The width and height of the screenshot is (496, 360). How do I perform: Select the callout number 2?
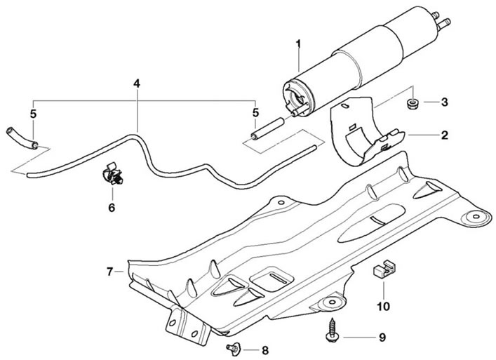[x=445, y=135]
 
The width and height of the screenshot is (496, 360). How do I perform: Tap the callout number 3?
[x=445, y=102]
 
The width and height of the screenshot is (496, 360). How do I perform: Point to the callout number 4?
[x=136, y=84]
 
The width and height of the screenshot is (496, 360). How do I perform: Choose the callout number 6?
[x=112, y=208]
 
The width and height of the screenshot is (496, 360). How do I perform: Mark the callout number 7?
[x=109, y=272]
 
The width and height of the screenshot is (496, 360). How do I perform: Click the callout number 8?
[x=264, y=350]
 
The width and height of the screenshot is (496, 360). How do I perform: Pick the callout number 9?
[x=382, y=338]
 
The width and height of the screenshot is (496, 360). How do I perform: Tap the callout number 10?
[x=383, y=306]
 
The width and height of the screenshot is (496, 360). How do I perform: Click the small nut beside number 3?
[x=412, y=103]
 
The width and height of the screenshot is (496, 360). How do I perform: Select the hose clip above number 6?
[x=113, y=173]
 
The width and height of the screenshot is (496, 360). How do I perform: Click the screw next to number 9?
[x=331, y=330]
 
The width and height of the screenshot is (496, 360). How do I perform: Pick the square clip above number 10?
[x=384, y=269]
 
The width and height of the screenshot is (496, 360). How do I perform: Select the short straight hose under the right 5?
[x=267, y=128]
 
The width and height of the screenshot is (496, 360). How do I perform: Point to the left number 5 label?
[x=33, y=114]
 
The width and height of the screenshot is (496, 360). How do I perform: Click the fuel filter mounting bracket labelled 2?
[x=367, y=131]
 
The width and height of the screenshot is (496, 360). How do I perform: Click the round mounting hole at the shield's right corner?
[x=476, y=217]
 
